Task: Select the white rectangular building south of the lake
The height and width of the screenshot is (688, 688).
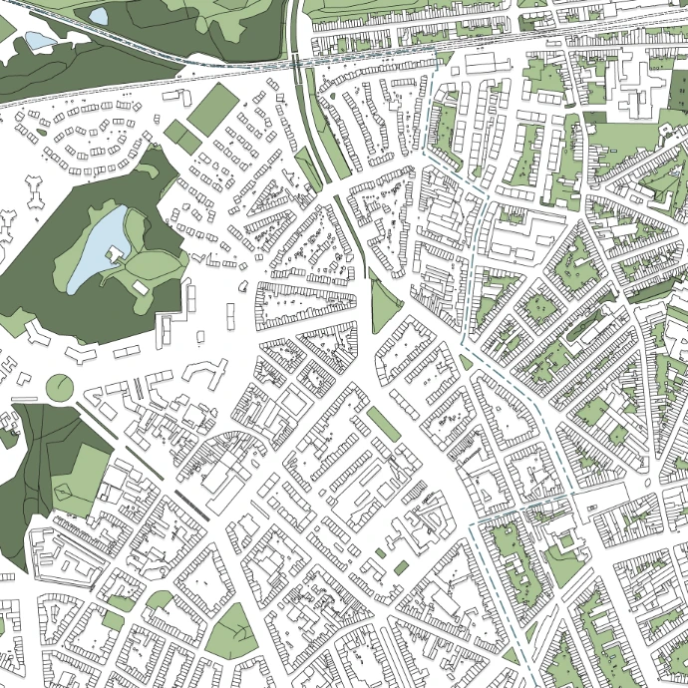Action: pyautogui.click(x=141, y=286)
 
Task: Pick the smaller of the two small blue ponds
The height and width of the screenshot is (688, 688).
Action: pyautogui.click(x=99, y=16)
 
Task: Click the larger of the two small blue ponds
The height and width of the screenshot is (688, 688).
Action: pyautogui.click(x=40, y=40)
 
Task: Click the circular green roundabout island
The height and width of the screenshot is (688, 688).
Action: pyautogui.click(x=60, y=386)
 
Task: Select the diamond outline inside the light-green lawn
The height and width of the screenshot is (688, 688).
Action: pyautogui.click(x=69, y=489)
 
